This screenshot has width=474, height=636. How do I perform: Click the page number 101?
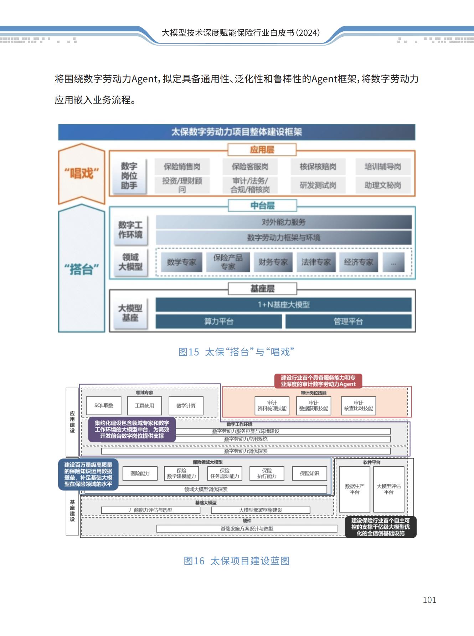click(429, 600)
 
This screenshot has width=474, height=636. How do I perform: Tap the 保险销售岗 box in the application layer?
click(182, 166)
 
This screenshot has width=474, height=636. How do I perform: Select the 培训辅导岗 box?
click(383, 166)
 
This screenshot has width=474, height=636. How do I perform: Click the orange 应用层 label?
click(262, 150)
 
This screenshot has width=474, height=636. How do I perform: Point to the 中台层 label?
click(262, 206)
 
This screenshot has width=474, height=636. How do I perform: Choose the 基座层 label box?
click(262, 289)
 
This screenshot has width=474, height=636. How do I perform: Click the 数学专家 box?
click(181, 262)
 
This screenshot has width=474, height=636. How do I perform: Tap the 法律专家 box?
click(316, 262)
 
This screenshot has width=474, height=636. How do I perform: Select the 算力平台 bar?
click(218, 322)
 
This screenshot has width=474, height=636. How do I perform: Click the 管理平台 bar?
click(348, 322)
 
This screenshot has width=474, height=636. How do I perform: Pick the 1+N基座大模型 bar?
click(284, 305)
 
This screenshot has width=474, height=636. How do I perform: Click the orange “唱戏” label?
click(82, 174)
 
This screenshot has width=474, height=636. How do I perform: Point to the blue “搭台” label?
click(82, 269)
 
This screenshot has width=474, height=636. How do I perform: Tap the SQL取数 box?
click(104, 406)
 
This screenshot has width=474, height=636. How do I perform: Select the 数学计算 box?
click(186, 406)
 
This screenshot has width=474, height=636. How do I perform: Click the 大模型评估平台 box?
click(388, 489)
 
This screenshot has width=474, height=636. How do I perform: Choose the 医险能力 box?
click(140, 473)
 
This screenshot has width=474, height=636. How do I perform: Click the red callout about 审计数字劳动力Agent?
click(318, 381)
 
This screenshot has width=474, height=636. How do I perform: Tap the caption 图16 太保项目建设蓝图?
click(236, 561)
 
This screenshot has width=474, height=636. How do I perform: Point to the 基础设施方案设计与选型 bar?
click(247, 529)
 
